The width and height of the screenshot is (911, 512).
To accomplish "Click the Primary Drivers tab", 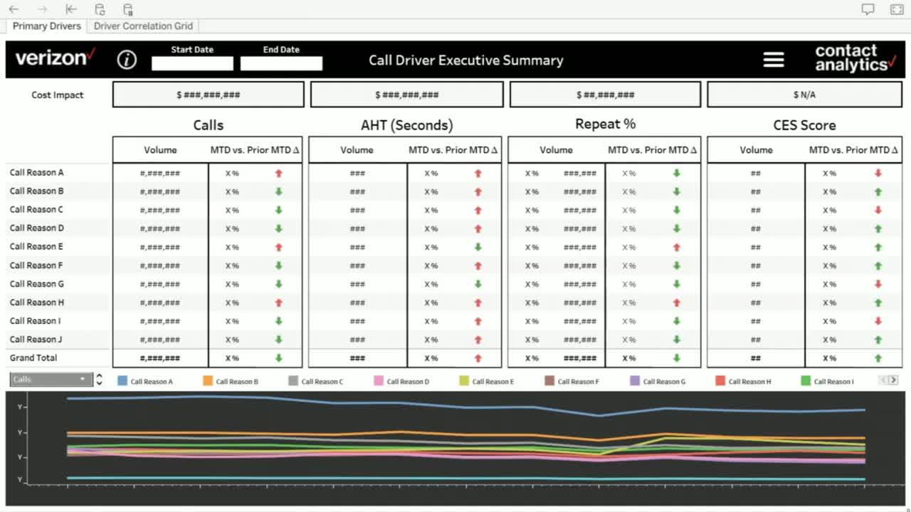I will pyautogui.click(x=47, y=26).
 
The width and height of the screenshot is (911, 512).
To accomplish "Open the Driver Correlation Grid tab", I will pyautogui.click(x=143, y=26).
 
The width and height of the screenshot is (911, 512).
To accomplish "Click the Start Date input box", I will pyautogui.click(x=192, y=63).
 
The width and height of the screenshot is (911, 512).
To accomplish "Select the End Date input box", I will pyautogui.click(x=281, y=63).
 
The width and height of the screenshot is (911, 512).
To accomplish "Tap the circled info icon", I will pyautogui.click(x=127, y=60).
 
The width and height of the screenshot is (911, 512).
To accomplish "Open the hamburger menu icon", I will pyautogui.click(x=774, y=60).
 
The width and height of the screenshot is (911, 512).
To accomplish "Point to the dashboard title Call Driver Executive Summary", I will pyautogui.click(x=465, y=60).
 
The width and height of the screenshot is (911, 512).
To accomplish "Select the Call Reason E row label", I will pyautogui.click(x=36, y=247).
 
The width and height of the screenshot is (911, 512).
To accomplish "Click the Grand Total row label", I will pyautogui.click(x=33, y=358).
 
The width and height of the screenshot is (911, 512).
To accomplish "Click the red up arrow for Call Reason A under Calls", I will pyautogui.click(x=279, y=173).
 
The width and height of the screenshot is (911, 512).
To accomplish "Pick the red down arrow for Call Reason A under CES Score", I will pyautogui.click(x=878, y=173).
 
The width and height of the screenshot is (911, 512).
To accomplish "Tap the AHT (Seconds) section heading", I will pyautogui.click(x=406, y=125).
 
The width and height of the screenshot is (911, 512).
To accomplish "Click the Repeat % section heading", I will pyautogui.click(x=605, y=124).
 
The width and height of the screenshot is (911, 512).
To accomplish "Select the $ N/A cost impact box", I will pyautogui.click(x=804, y=95).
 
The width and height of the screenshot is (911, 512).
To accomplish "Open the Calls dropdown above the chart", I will pyautogui.click(x=51, y=380).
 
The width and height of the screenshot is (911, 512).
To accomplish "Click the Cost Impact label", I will pyautogui.click(x=58, y=95).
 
